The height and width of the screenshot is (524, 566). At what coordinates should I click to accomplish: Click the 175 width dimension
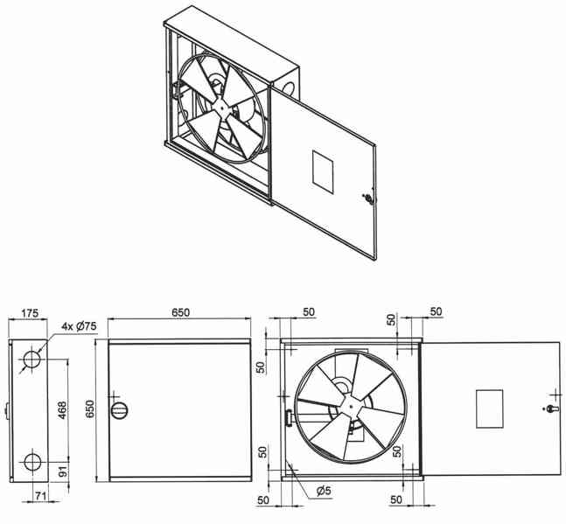[x=29, y=313]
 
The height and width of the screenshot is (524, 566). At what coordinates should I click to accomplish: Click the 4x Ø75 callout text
[x=79, y=326]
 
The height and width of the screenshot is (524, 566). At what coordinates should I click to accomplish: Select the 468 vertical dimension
[x=62, y=410]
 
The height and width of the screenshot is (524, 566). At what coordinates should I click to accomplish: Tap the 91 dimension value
[x=63, y=472]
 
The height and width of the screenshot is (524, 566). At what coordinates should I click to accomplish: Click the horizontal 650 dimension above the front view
[x=180, y=312]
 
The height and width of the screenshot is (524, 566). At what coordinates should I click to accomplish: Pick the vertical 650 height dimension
[x=89, y=409]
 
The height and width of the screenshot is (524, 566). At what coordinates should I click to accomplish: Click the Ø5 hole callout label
[x=324, y=491]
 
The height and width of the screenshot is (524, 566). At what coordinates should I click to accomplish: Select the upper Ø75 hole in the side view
[x=33, y=359]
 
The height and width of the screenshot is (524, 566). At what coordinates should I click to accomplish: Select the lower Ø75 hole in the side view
[x=33, y=462]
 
